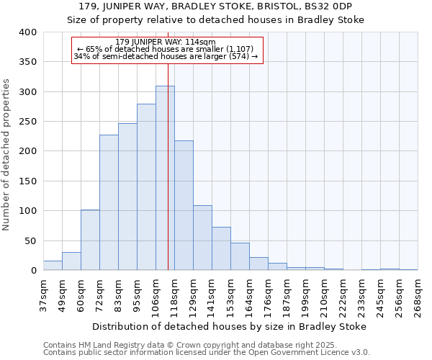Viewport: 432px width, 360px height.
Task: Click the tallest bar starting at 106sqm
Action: point(165,178)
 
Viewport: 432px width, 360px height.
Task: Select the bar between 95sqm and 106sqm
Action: point(146,187)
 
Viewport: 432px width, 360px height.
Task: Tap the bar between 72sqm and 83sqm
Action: point(109,202)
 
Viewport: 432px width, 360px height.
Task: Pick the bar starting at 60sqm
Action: point(90,240)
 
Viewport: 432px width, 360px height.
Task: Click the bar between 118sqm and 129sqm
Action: point(184,205)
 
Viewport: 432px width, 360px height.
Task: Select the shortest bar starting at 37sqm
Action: point(53,265)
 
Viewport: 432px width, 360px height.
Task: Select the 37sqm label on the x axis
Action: point(43,297)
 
